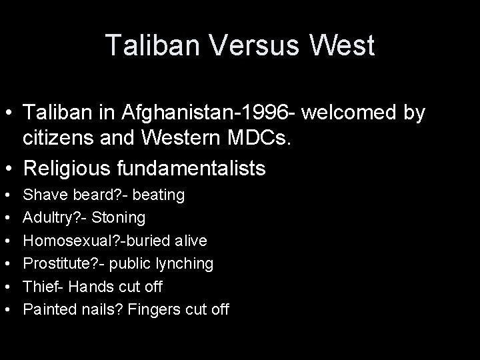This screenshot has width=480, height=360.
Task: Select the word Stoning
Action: click(x=119, y=218)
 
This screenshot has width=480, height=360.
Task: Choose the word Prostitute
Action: click(x=55, y=264)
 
